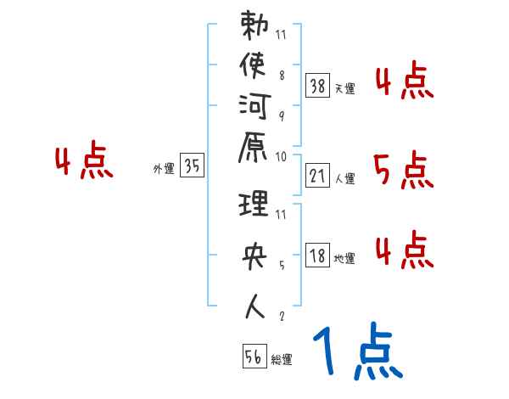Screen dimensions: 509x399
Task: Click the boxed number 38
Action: [x=318, y=85]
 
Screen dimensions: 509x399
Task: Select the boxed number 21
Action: [x=317, y=177]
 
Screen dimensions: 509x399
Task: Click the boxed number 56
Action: [x=254, y=357]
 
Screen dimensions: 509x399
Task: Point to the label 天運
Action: [x=345, y=88]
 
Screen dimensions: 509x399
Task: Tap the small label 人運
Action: [x=345, y=179]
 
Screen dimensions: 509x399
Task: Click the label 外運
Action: [x=164, y=169]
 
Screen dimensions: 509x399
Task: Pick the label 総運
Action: [x=282, y=360]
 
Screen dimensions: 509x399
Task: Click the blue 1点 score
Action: [x=357, y=352]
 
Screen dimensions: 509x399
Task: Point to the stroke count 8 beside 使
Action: [x=282, y=74]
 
